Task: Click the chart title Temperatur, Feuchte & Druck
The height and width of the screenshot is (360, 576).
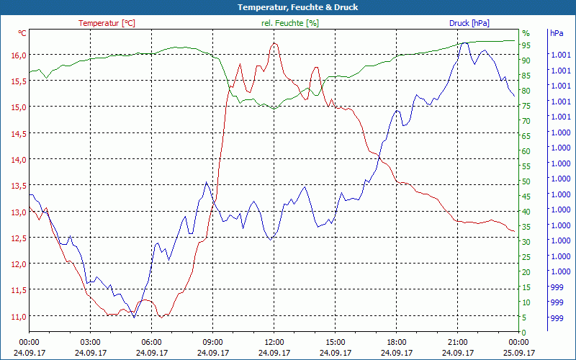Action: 287,7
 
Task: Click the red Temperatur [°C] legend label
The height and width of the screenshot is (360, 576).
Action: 107,23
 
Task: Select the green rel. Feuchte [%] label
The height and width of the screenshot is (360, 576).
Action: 290,23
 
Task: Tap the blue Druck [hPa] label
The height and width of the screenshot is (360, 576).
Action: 469,23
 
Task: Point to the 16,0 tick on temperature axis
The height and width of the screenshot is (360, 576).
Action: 19,55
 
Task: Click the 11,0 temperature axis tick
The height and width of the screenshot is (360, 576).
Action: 19,316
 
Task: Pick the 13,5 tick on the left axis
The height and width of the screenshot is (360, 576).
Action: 19,185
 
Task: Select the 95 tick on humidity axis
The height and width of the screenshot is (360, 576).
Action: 526,45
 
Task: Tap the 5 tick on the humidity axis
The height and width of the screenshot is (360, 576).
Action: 524,318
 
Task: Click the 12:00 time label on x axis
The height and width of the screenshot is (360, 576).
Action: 274,342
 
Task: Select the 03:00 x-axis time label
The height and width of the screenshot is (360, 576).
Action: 90,342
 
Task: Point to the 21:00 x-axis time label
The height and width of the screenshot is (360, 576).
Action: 457,342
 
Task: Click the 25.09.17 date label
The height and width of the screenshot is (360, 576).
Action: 519,353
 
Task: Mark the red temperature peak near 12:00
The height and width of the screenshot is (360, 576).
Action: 274,43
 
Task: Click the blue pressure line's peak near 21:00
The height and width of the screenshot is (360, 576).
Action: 465,42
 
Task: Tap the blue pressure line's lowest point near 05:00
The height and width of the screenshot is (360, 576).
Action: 134,317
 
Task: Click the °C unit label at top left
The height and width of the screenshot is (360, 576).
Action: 22,33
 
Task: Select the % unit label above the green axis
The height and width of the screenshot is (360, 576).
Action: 526,33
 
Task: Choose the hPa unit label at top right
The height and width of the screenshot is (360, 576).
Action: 557,33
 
